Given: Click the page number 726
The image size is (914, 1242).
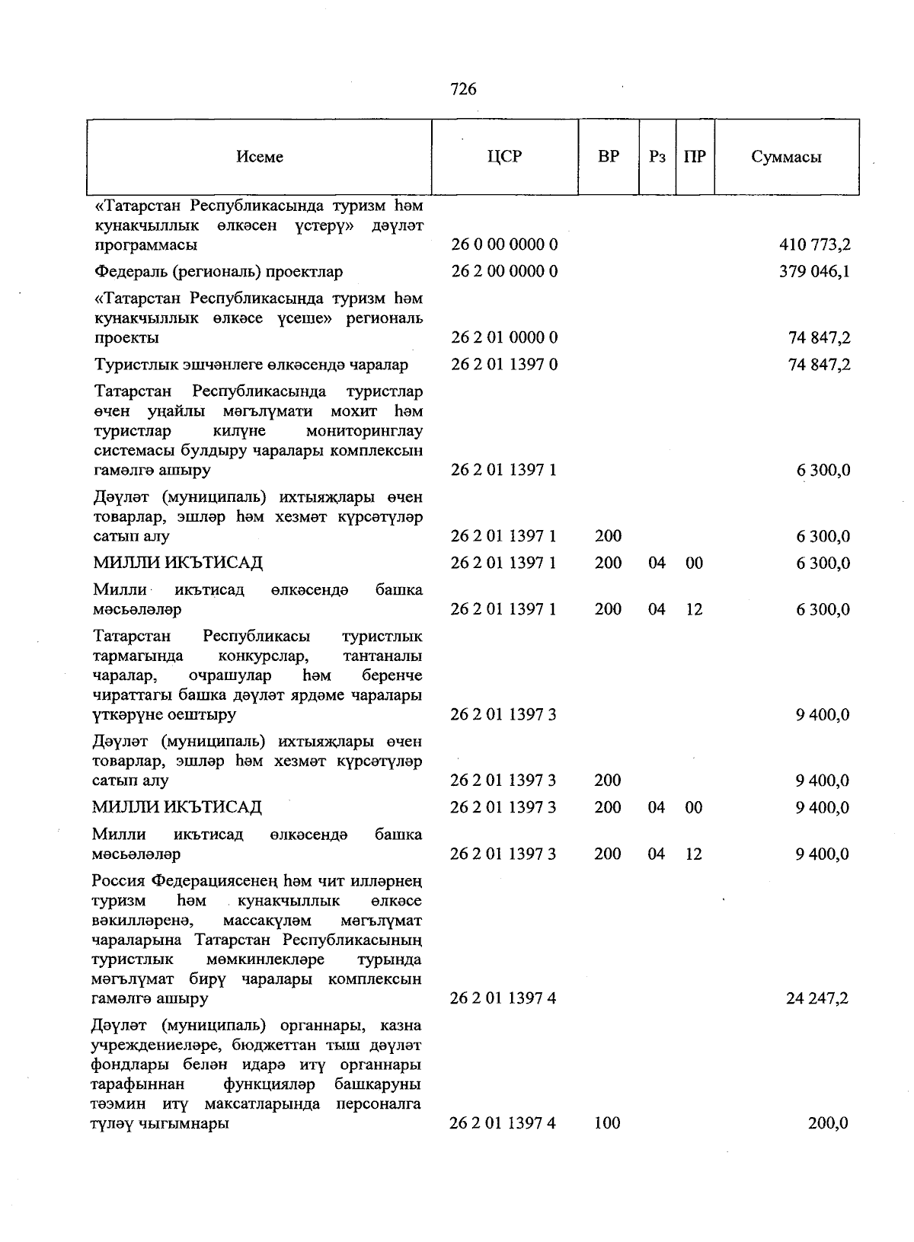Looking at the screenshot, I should [x=463, y=89].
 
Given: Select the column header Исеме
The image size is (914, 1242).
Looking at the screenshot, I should [x=260, y=157].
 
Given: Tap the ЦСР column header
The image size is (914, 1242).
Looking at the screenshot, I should [x=504, y=157].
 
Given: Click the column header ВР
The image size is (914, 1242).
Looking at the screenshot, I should [x=609, y=157].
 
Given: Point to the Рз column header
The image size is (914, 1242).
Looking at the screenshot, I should [x=657, y=157].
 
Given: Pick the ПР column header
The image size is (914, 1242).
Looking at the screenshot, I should [x=695, y=157].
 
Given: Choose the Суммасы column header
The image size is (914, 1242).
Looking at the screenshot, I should [x=786, y=157].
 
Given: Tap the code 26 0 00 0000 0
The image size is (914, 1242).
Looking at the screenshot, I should [x=504, y=245].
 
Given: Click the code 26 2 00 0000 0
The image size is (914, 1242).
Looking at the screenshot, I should [x=504, y=272].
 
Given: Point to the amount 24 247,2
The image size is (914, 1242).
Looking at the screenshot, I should [x=817, y=998].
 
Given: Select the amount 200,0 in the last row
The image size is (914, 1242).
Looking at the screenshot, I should [x=828, y=1123].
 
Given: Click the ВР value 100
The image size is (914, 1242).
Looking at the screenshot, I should [x=608, y=1123].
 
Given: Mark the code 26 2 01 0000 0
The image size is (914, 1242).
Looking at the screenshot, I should [x=504, y=337].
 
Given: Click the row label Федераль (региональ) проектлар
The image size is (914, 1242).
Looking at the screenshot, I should [x=219, y=272].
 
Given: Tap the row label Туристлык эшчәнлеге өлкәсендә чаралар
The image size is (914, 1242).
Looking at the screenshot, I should [x=251, y=365].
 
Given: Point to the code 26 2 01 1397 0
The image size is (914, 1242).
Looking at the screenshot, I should [x=504, y=365].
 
